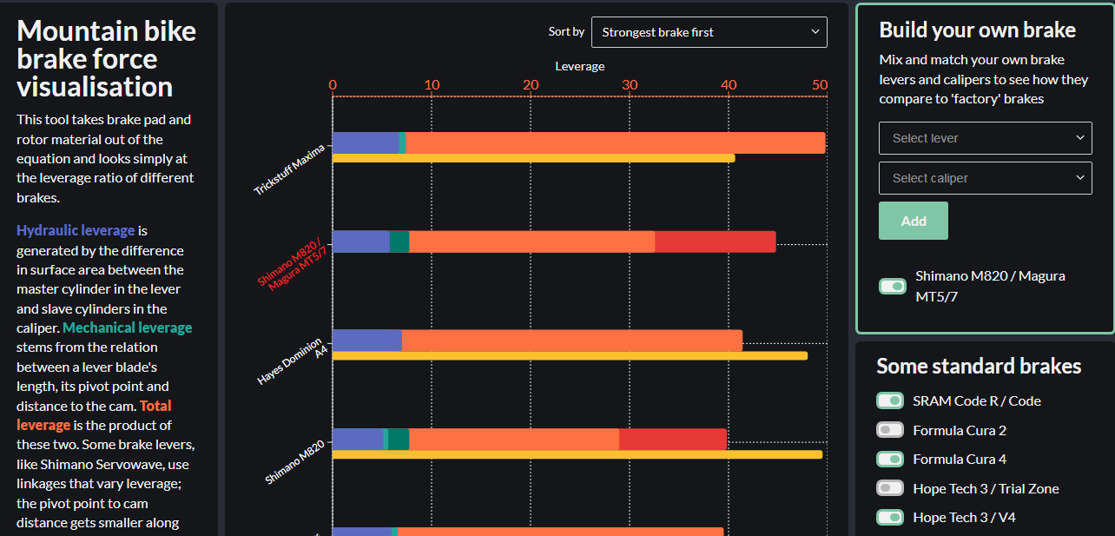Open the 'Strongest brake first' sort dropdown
(709, 32)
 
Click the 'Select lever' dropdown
(985, 138)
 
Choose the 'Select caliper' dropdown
(985, 178)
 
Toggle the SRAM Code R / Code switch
(890, 400)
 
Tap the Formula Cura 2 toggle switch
(890, 430)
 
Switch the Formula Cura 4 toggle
(890, 459)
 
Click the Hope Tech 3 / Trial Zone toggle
(890, 488)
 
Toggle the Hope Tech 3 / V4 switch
(890, 518)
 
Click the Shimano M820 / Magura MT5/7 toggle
(893, 286)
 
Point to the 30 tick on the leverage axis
(630, 85)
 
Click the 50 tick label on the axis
(819, 85)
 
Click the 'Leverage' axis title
(579, 66)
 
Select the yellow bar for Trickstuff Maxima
(533, 158)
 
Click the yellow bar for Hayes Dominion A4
(570, 355)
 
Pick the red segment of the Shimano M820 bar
(673, 439)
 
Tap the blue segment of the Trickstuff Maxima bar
(365, 142)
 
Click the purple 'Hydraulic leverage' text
(76, 230)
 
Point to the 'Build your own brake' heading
(977, 30)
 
